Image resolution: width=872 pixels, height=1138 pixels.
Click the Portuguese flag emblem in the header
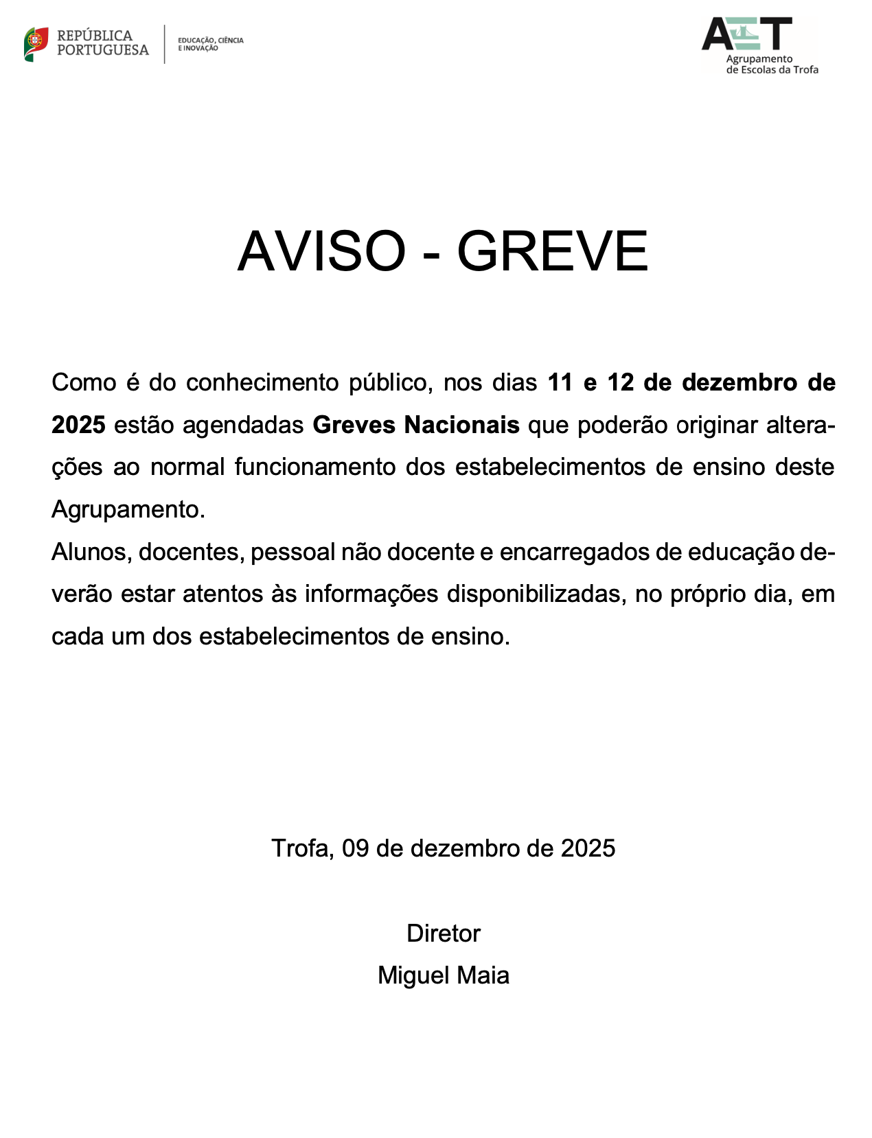[36, 44]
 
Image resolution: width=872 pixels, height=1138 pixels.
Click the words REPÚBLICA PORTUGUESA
[102, 43]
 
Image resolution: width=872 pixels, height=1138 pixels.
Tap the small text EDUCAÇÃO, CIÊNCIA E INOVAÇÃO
[210, 44]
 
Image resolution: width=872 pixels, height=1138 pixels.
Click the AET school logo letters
[746, 34]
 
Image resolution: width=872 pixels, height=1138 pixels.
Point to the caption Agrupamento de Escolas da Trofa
[772, 65]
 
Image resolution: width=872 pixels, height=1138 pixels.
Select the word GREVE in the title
[552, 251]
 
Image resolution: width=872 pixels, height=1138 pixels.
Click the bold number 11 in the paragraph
[560, 382]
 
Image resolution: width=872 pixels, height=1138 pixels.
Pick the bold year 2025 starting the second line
[78, 425]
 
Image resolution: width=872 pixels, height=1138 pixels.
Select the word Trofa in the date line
[302, 848]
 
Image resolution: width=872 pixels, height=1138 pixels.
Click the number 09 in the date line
[355, 848]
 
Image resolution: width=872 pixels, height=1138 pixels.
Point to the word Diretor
[444, 933]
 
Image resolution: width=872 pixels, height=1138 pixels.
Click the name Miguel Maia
[444, 975]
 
